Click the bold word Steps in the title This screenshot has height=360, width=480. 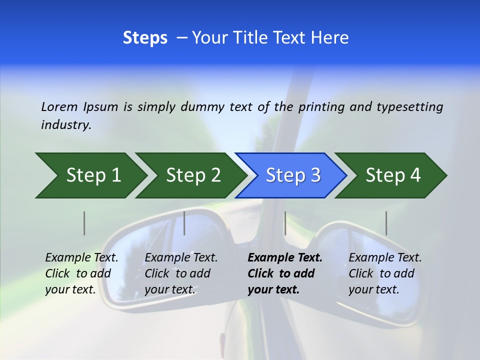145,38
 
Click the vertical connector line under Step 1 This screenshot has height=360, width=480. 84,223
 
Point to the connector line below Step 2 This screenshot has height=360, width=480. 184,223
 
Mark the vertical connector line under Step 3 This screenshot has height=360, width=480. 285,223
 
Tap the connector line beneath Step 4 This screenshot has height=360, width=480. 386,223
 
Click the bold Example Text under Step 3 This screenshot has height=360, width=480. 285,273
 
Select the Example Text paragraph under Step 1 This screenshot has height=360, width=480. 81,273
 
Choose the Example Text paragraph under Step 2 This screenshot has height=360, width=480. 181,273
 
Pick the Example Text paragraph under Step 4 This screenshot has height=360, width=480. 385,273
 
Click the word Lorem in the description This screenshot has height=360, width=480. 59,106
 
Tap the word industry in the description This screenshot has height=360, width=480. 66,125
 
